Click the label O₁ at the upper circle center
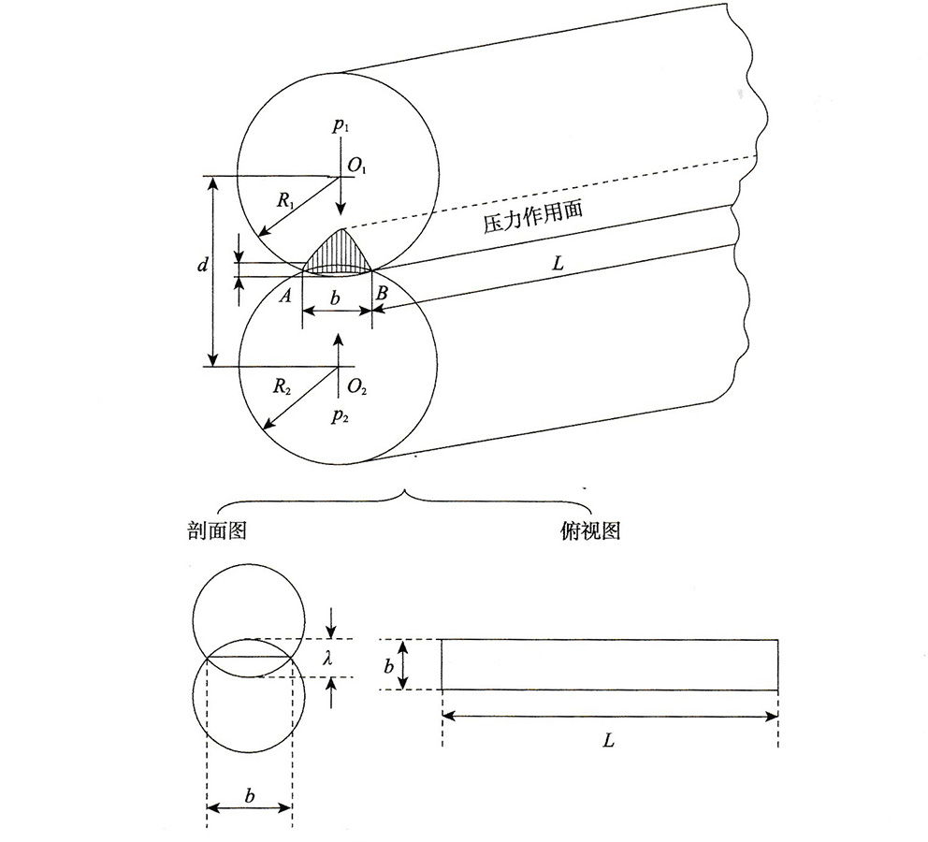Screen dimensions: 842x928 (358, 167)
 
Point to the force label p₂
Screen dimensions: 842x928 (340, 416)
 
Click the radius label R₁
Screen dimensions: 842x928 (286, 199)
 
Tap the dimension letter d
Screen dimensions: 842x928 (202, 267)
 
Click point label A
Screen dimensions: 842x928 (287, 296)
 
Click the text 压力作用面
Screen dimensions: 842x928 (532, 217)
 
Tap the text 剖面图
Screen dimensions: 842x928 (216, 531)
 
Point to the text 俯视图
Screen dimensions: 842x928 (585, 531)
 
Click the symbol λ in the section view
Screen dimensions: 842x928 (327, 659)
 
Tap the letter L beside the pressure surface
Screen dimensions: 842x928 (558, 264)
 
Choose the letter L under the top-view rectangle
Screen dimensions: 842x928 (608, 740)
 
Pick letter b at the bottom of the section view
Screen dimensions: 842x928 (249, 795)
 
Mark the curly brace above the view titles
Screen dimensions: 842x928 (403, 494)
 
